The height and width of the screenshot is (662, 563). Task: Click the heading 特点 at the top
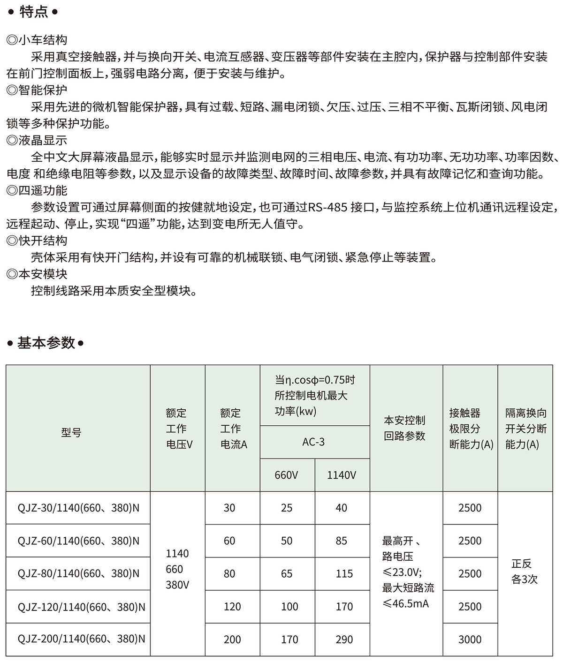pyautogui.click(x=34, y=11)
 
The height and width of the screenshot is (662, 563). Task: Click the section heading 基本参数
pyautogui.click(x=46, y=343)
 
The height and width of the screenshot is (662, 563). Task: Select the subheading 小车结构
pyautogui.click(x=42, y=40)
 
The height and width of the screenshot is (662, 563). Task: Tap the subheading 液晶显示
pyautogui.click(x=42, y=141)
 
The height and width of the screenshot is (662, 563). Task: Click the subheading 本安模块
pyautogui.click(x=42, y=274)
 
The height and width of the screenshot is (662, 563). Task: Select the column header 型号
pyautogui.click(x=71, y=432)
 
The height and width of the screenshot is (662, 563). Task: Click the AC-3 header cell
pyautogui.click(x=313, y=442)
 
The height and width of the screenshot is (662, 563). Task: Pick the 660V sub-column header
pyautogui.click(x=286, y=475)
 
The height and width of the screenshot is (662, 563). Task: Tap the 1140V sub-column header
pyautogui.click(x=342, y=475)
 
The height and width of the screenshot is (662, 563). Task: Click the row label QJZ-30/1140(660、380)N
pyautogui.click(x=78, y=508)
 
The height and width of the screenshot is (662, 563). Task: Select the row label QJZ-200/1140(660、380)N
pyautogui.click(x=81, y=639)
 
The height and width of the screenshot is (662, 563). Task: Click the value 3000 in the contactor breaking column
pyautogui.click(x=470, y=639)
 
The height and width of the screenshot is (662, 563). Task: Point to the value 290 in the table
pyautogui.click(x=344, y=639)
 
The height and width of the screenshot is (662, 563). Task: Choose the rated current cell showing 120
pyautogui.click(x=232, y=607)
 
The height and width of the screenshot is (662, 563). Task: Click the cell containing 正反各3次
pyautogui.click(x=524, y=572)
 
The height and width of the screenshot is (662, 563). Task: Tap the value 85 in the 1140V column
pyautogui.click(x=341, y=541)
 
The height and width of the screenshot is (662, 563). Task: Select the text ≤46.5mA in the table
pyautogui.click(x=406, y=603)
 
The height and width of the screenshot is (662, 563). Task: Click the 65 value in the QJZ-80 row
pyautogui.click(x=286, y=574)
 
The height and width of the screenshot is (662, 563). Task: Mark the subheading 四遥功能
pyautogui.click(x=42, y=191)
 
